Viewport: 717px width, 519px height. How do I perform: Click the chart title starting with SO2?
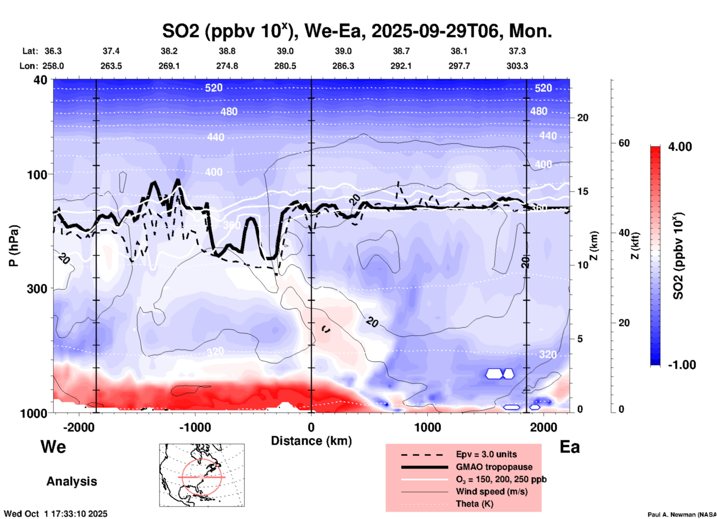click(x=357, y=31)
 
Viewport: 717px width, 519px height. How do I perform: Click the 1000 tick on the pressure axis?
click(x=37, y=413)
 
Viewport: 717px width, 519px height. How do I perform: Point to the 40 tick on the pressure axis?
click(x=41, y=80)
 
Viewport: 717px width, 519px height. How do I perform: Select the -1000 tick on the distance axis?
click(x=195, y=427)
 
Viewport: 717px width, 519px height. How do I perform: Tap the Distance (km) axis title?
click(x=311, y=441)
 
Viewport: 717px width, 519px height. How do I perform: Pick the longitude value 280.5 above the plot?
click(x=285, y=66)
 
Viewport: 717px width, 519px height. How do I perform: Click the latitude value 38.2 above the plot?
click(x=169, y=51)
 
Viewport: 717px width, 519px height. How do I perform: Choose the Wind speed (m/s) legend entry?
click(x=491, y=491)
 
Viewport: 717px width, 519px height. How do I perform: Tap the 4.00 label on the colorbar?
click(x=680, y=146)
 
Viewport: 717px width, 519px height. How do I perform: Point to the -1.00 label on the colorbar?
click(x=682, y=365)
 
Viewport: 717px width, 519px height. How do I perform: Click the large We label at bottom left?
click(x=53, y=446)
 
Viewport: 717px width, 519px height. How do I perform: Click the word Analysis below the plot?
click(x=71, y=481)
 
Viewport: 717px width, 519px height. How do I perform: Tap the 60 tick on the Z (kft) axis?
click(x=624, y=143)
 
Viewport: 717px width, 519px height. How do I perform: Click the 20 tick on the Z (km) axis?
click(x=583, y=118)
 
